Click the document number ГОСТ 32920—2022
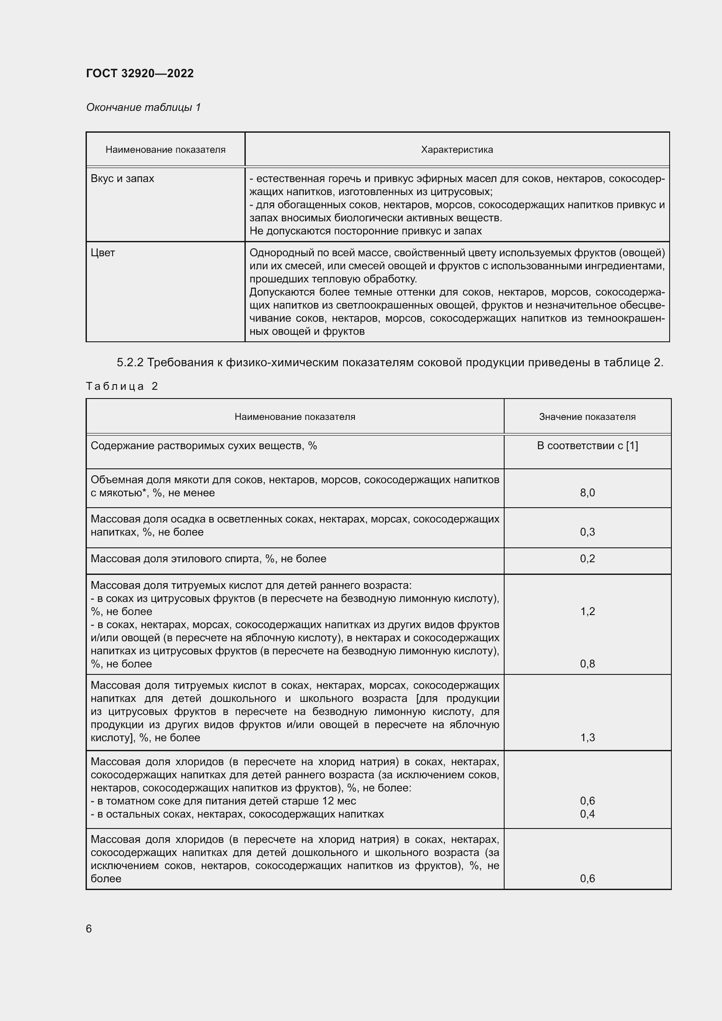pos(140,73)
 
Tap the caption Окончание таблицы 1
pos(143,107)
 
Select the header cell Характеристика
pos(457,150)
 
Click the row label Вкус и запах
pos(122,179)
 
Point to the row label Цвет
pos(103,253)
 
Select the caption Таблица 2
pos(122,386)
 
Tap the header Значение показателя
pos(587,417)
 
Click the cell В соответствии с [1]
pos(587,446)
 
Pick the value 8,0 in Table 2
pos(587,493)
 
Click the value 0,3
pos(587,532)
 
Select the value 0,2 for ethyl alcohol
pos(587,559)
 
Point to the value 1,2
pos(587,612)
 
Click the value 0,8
pos(587,664)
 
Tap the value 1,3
pos(587,738)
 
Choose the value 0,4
pos(587,814)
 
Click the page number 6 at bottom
pos(89,929)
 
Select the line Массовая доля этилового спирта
pos(208,559)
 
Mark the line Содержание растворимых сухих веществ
pos(203,446)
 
